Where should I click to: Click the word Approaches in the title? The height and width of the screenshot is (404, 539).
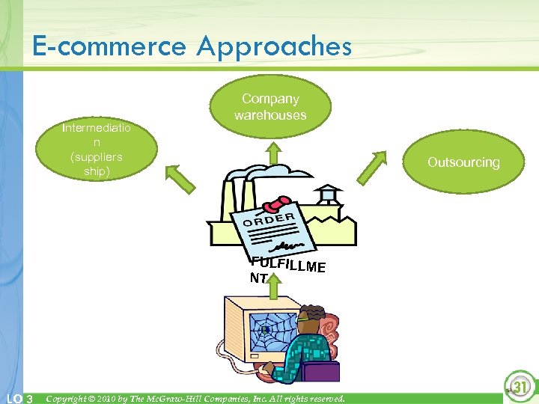275,46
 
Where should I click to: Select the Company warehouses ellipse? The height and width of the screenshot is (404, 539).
270,107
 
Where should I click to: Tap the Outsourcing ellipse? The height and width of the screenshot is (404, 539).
463,162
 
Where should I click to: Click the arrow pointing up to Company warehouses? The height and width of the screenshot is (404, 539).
274,153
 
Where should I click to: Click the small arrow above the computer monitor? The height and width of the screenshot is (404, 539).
275,284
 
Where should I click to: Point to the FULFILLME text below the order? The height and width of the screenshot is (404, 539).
287,264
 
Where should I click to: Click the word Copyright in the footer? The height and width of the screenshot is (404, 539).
70,398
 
